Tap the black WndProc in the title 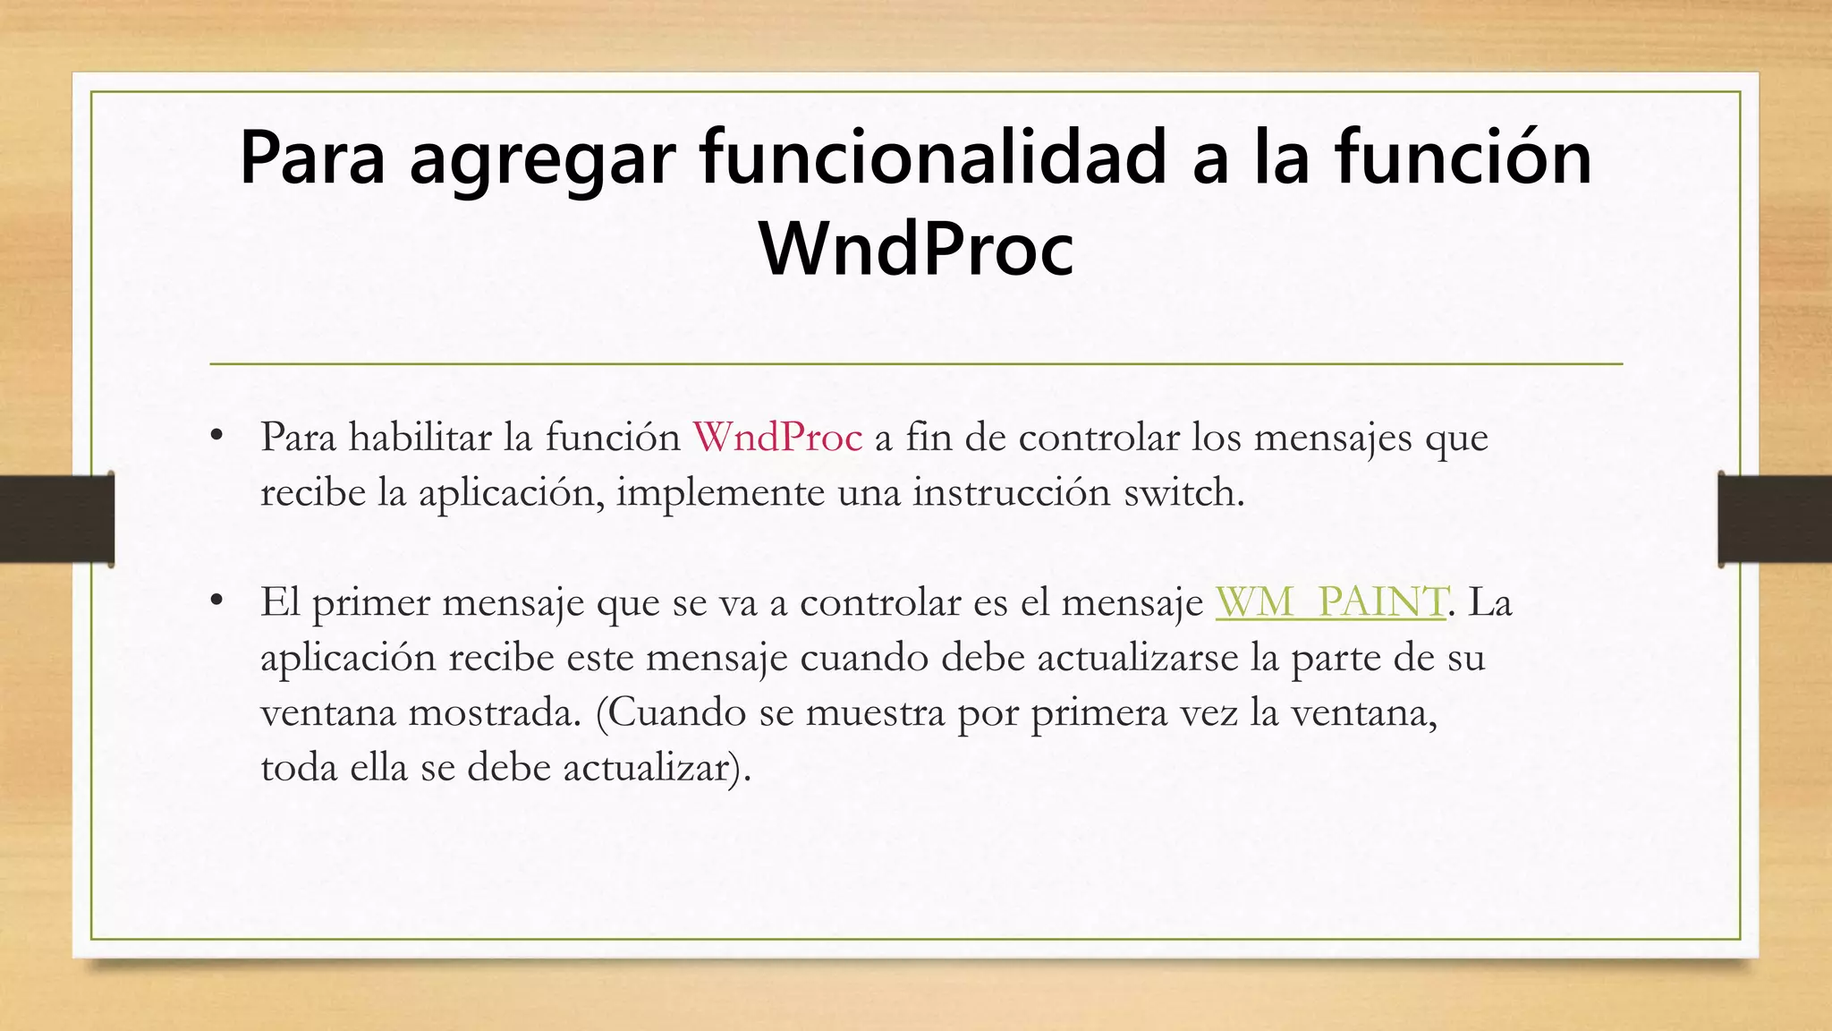[916, 249]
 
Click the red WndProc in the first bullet [777, 438]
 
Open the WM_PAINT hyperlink [1330, 602]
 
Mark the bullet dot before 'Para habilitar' [216, 437]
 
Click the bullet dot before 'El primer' [216, 601]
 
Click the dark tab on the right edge [1775, 519]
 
